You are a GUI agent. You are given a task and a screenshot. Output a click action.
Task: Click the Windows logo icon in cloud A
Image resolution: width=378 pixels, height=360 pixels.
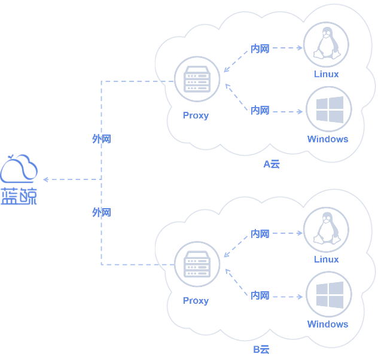click(328, 109)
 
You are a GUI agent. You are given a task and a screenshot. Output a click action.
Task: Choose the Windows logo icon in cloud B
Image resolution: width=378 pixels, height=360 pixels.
click(328, 295)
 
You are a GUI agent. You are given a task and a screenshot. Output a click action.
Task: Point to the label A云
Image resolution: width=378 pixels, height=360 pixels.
click(272, 164)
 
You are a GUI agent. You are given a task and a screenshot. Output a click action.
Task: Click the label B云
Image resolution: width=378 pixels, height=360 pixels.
click(261, 349)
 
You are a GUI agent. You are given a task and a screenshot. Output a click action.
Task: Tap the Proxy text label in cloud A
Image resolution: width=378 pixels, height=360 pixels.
click(196, 115)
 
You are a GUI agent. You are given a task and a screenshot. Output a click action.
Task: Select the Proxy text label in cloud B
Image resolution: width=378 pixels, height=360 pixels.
click(196, 300)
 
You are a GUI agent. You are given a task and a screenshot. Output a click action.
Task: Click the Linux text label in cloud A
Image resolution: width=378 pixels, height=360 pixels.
click(326, 74)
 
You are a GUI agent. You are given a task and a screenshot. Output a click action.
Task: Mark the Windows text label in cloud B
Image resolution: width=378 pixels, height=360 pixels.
click(327, 324)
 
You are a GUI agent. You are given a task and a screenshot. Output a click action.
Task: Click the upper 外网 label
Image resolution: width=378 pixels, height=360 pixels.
click(102, 139)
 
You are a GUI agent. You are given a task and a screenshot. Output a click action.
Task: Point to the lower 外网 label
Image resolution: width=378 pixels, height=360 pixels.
click(102, 212)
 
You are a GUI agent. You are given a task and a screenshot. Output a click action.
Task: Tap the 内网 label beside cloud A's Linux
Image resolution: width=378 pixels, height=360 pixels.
click(260, 48)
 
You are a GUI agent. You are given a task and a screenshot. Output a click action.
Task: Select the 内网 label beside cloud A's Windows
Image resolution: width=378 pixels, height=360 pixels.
click(260, 111)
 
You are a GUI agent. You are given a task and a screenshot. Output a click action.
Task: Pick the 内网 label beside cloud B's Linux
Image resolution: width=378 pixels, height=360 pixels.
click(260, 234)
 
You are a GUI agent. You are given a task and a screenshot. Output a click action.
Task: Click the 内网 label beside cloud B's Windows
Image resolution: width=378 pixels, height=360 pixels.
click(260, 295)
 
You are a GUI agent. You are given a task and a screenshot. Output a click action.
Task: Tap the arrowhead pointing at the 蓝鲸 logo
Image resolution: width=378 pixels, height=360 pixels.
click(45, 179)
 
